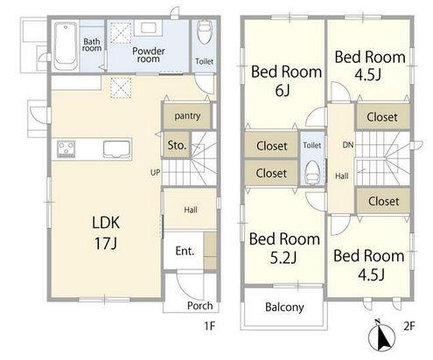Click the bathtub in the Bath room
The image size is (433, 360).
pyautogui.click(x=66, y=45)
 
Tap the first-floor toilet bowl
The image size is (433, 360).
pyautogui.click(x=205, y=32)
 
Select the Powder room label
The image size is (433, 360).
pyautogui.click(x=149, y=55)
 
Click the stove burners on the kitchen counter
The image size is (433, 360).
pyautogui.click(x=66, y=149)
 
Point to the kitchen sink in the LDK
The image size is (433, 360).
pyautogui.click(x=116, y=149)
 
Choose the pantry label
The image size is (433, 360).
pyautogui.click(x=187, y=116)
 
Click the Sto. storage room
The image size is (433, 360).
pyautogui.click(x=177, y=145)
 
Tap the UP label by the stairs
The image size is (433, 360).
pyautogui.click(x=155, y=173)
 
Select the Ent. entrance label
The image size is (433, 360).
pyautogui.click(x=185, y=251)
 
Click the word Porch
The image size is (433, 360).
pyautogui.click(x=200, y=306)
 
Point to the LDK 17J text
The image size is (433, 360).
pyautogui.click(x=106, y=233)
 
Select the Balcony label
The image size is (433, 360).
pyautogui.click(x=284, y=307)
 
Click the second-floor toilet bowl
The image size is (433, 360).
pyautogui.click(x=312, y=172)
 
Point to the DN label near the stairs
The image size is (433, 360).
pyautogui.click(x=348, y=145)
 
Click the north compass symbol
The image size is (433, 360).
pyautogui.click(x=381, y=336)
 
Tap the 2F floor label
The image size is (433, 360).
pyautogui.click(x=409, y=326)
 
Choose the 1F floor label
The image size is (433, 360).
pyautogui.click(x=209, y=326)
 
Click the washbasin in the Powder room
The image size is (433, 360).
pyautogui.click(x=150, y=28)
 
